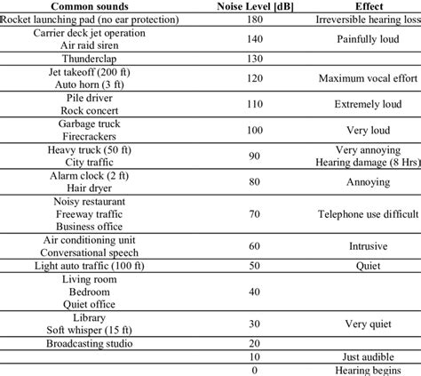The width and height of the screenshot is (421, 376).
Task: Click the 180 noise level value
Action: coord(255,20)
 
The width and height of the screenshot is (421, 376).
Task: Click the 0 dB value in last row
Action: coord(255,370)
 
